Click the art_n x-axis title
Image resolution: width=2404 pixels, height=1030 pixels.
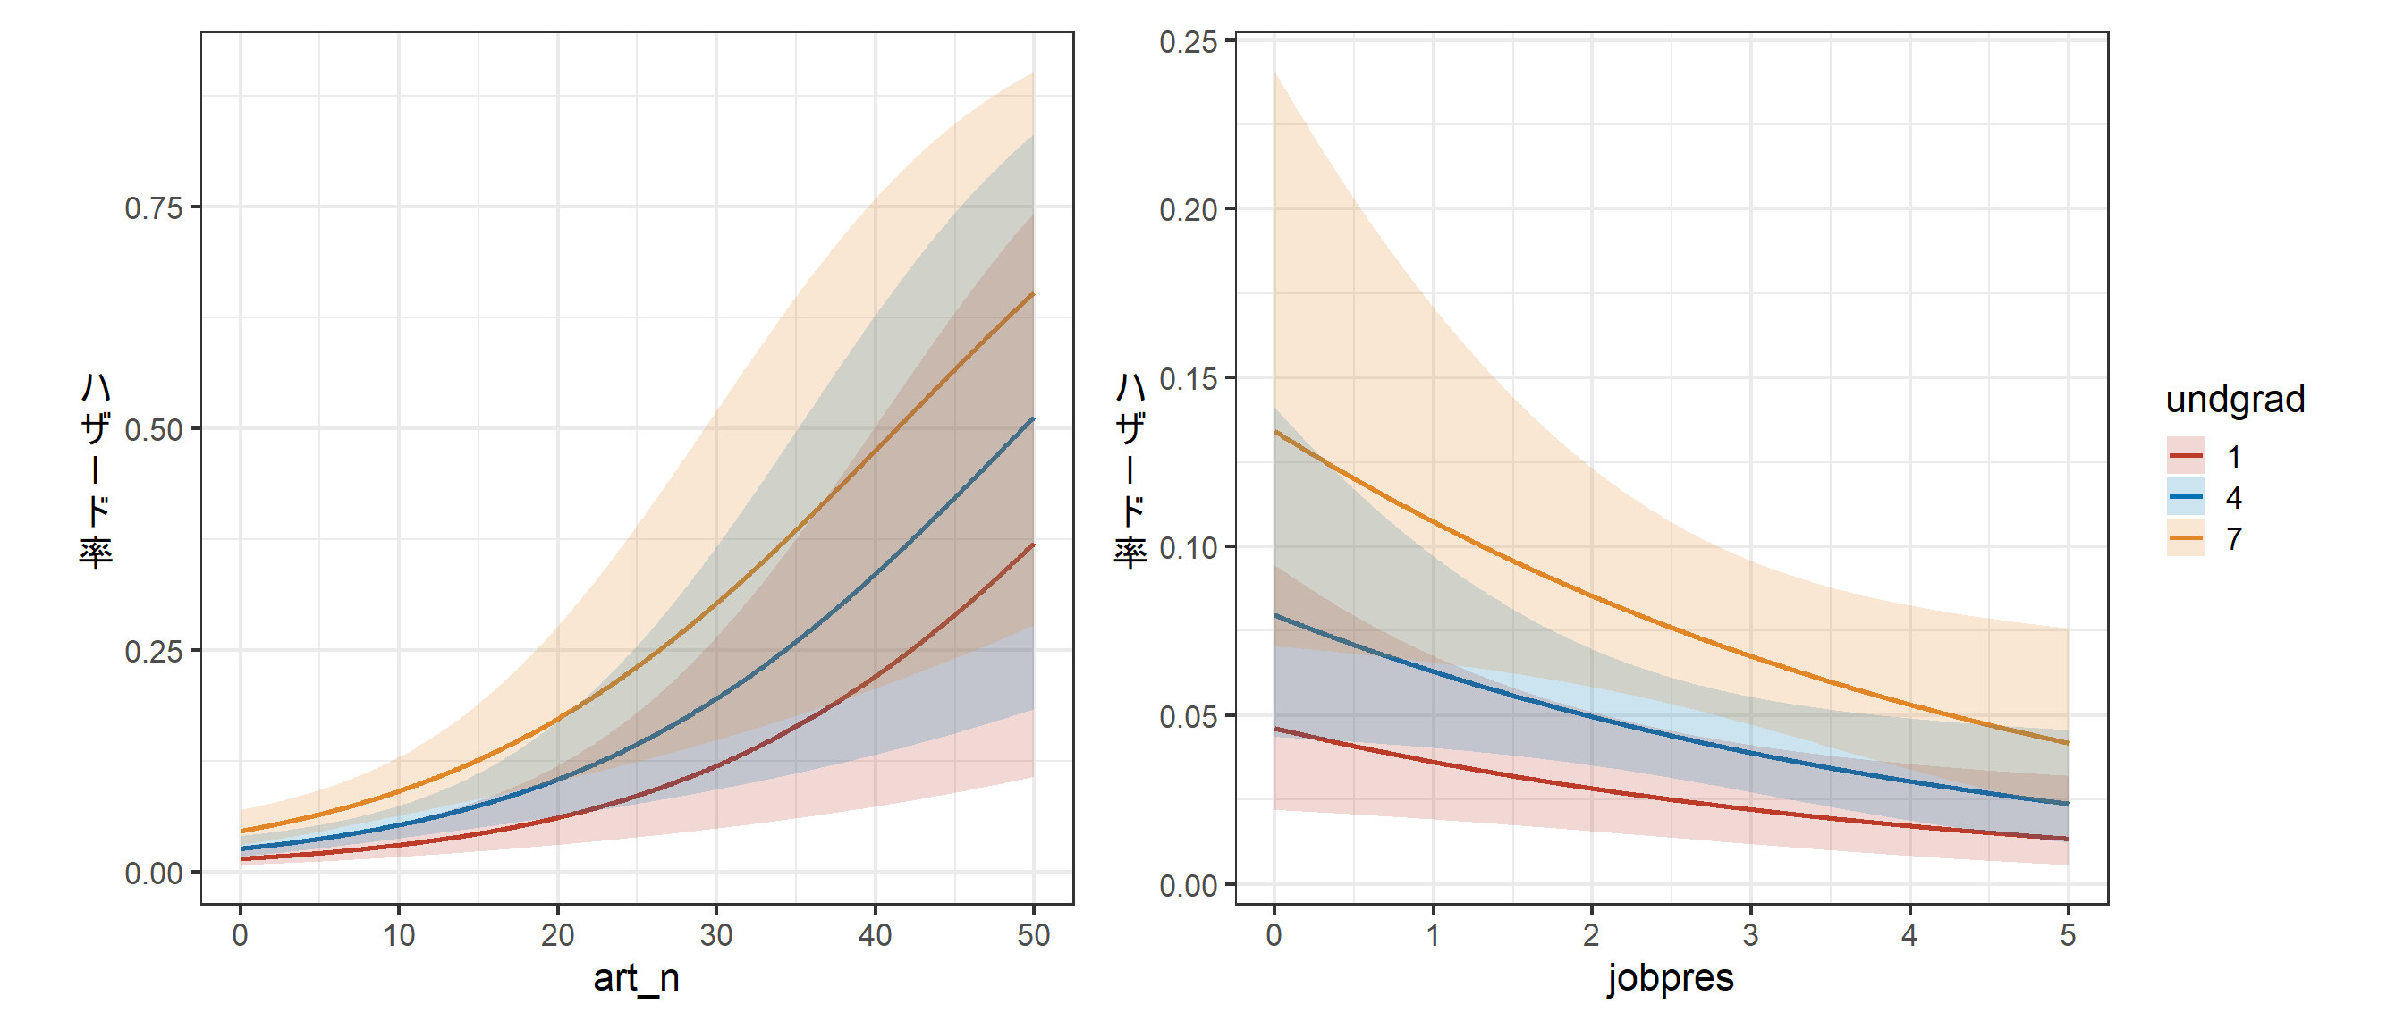(636, 978)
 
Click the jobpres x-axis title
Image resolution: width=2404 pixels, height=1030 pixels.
(1670, 978)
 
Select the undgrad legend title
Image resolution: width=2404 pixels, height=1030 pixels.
(2234, 400)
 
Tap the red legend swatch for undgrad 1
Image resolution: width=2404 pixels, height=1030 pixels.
(2185, 456)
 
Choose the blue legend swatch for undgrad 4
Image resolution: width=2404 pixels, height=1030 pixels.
(2185, 497)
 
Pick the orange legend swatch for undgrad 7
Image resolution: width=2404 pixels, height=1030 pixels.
(2185, 538)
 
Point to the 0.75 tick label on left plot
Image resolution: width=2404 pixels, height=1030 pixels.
(153, 208)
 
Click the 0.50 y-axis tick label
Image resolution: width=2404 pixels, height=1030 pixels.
(153, 430)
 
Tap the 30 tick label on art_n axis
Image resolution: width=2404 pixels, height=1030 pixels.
(715, 935)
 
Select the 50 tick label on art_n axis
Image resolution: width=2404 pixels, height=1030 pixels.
(1033, 935)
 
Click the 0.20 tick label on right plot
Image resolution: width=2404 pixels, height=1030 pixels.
(1187, 210)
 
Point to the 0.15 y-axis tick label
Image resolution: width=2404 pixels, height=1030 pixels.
(1187, 379)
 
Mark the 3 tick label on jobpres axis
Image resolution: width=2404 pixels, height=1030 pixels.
(1750, 935)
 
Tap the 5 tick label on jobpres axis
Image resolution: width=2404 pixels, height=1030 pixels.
(2067, 935)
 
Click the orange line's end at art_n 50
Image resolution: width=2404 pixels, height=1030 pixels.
(1033, 295)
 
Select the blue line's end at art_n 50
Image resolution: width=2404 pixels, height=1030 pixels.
(1033, 419)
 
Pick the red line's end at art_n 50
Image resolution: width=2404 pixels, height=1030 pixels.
(1033, 545)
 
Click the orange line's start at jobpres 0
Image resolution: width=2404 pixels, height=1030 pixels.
(1275, 433)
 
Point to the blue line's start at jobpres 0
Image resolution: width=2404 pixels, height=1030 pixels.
(1275, 616)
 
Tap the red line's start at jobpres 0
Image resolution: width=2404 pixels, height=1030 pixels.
(1275, 729)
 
